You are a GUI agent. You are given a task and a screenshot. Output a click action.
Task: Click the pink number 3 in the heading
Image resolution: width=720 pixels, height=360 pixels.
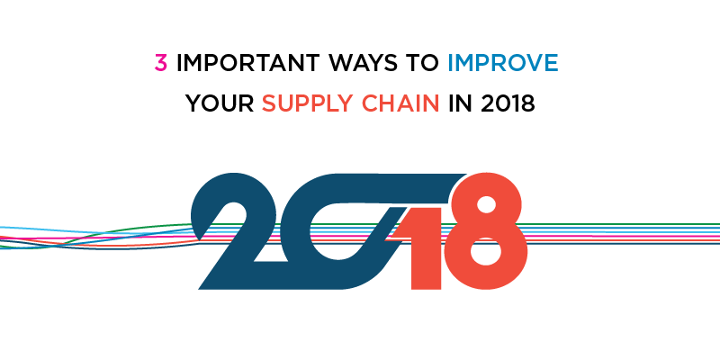point(161,63)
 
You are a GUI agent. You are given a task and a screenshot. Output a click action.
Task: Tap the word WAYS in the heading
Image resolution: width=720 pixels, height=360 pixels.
point(364,63)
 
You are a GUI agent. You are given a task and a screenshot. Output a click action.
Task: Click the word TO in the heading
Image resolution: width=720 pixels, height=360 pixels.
point(422,63)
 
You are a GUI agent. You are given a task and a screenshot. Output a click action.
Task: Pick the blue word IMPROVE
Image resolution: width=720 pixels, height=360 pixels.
point(503,63)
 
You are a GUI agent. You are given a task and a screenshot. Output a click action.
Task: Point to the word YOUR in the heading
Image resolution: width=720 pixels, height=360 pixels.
point(220,103)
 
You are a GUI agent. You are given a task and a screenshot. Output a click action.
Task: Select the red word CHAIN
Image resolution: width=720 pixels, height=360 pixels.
point(401,103)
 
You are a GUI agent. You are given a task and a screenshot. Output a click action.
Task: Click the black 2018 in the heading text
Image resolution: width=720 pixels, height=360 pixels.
point(508,103)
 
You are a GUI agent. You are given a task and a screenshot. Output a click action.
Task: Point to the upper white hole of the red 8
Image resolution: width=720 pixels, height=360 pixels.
point(486,205)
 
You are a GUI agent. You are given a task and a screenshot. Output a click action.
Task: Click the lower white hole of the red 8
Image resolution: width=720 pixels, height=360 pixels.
point(486,251)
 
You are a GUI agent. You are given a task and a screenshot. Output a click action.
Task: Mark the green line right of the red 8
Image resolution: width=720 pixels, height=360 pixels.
point(621,224)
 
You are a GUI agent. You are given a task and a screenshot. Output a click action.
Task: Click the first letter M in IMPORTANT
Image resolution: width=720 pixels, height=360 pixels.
point(193,63)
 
